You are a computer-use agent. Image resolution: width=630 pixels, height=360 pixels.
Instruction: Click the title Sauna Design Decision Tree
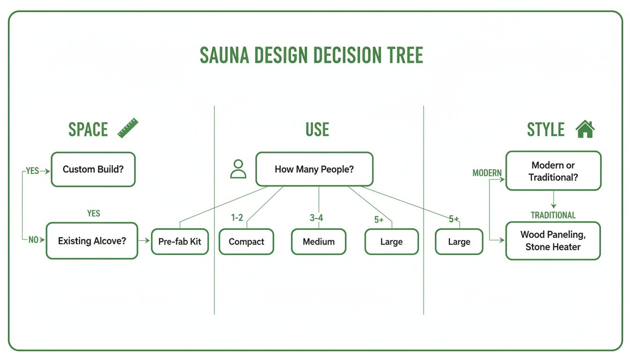pos(311,56)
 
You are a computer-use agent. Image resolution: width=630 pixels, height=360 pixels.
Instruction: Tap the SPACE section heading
pos(88,130)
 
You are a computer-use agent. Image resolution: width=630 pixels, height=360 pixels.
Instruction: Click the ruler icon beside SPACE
pos(128,128)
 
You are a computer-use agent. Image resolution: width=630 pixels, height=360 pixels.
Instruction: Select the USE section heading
pos(317,130)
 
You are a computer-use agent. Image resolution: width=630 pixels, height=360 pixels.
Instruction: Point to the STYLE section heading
pos(546,130)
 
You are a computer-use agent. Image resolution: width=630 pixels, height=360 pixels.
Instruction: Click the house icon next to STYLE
pos(585,129)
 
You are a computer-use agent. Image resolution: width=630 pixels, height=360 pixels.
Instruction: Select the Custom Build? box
pos(93,169)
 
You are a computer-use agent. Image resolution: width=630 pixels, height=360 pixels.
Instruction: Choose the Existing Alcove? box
pos(92,241)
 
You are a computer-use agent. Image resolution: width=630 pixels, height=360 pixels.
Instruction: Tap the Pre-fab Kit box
pos(180,242)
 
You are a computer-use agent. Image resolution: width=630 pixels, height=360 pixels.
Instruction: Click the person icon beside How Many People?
pos(238,169)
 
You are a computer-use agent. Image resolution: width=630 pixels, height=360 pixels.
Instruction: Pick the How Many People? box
pos(314,169)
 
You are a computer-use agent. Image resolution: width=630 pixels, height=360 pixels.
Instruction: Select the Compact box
pos(247,242)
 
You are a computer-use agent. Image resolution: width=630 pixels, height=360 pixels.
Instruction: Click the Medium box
pos(319,242)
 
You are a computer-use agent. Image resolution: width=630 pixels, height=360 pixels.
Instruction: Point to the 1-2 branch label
pos(237,218)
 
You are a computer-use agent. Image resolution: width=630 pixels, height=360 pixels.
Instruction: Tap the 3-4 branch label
pos(316,218)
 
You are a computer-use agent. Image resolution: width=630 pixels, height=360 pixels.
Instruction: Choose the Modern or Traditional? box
pos(553,171)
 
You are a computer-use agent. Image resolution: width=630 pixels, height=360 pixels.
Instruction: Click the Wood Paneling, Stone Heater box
pos(553,241)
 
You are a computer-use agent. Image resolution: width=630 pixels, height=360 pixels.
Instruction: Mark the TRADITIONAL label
pos(553,215)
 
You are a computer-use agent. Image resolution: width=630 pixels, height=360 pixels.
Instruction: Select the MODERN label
pos(487,173)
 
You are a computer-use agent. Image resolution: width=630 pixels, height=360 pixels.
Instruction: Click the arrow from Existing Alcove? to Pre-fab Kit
pos(144,241)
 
